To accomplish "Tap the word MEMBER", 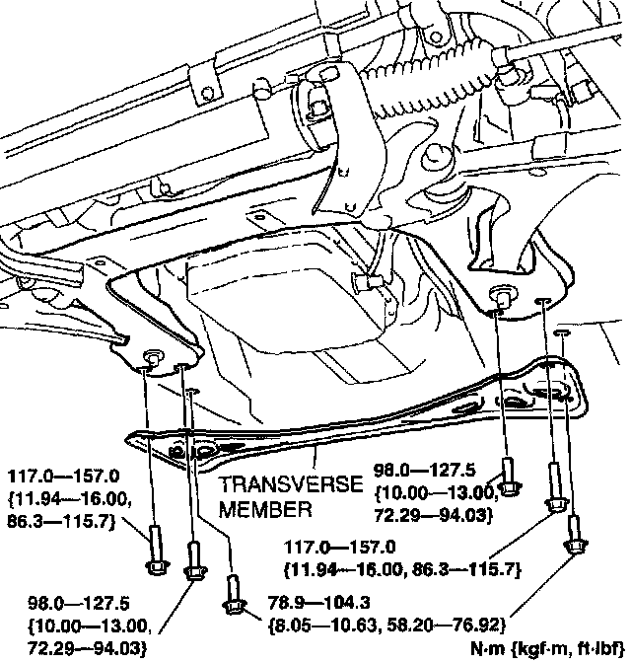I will pos(264,510).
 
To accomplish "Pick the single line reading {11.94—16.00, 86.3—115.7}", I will pos(400,568).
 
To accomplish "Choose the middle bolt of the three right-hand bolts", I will pos(554,501).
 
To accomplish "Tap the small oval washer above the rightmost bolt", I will pos(561,336).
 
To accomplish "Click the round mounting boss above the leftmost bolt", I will pos(154,357).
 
